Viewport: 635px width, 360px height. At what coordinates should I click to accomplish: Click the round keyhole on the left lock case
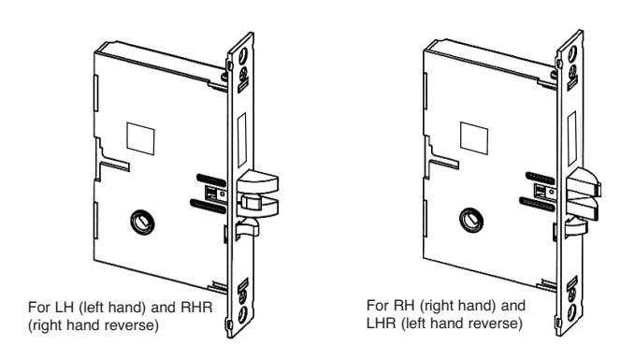pyautogui.click(x=142, y=223)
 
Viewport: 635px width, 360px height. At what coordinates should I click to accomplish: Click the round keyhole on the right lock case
pyautogui.click(x=471, y=221)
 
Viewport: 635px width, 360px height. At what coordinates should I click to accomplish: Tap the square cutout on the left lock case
pyautogui.click(x=140, y=138)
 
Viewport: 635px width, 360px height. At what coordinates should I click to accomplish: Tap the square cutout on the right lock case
pyautogui.click(x=474, y=138)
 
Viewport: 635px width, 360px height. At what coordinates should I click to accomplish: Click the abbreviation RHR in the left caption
pyautogui.click(x=196, y=308)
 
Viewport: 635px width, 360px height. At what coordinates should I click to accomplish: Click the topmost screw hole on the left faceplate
pyautogui.click(x=243, y=55)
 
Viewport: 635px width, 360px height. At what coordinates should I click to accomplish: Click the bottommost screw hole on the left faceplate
pyautogui.click(x=243, y=314)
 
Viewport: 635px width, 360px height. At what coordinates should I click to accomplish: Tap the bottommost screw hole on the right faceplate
pyautogui.click(x=571, y=311)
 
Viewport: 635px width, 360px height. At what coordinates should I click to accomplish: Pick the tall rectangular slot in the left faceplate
pyautogui.click(x=242, y=140)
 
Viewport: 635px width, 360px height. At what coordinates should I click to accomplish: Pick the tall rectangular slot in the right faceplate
pyautogui.click(x=571, y=138)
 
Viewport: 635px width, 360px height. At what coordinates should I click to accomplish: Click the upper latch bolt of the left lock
pyautogui.click(x=257, y=181)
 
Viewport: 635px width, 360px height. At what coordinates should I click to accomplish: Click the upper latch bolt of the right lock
pyautogui.click(x=584, y=181)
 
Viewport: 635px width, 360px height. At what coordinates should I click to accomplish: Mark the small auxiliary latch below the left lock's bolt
pyautogui.click(x=247, y=228)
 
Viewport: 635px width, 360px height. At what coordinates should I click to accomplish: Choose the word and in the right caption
pyautogui.click(x=513, y=306)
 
